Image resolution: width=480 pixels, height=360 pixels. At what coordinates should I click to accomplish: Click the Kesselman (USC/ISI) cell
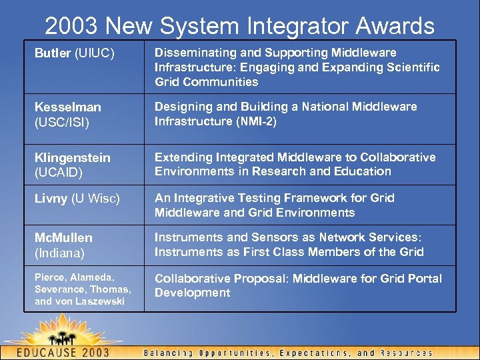tap(69, 114)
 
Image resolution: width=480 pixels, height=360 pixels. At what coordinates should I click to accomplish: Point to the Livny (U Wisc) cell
tap(77, 199)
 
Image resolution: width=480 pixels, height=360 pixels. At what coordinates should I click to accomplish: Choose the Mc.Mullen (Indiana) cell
tap(63, 245)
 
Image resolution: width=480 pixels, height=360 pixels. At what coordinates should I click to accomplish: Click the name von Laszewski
tap(93, 302)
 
